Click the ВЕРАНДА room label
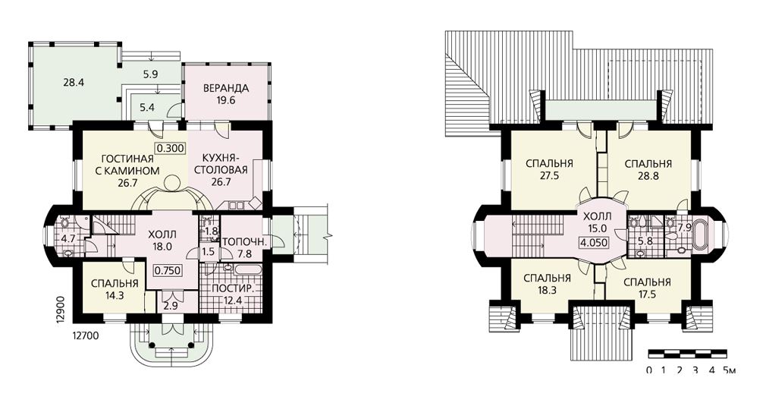click(x=226, y=89)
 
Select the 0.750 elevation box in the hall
click(x=168, y=270)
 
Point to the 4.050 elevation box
click(x=594, y=241)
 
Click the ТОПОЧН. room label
click(x=244, y=241)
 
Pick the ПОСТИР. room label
click(x=233, y=288)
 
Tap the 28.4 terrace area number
click(x=74, y=83)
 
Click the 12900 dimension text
click(x=61, y=308)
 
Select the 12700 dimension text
click(x=86, y=335)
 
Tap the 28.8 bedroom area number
click(x=648, y=176)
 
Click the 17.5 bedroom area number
click(x=647, y=294)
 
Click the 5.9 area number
click(x=150, y=75)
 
